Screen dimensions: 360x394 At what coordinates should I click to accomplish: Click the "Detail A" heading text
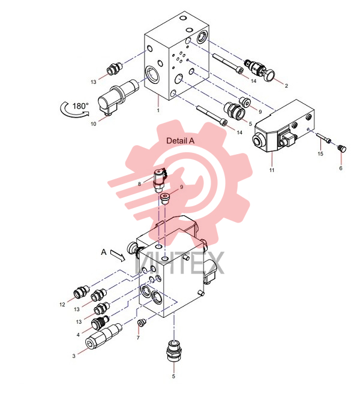pos(180,141)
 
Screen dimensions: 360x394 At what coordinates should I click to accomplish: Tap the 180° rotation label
pos(80,106)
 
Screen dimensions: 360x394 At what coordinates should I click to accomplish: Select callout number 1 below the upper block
pos(158,110)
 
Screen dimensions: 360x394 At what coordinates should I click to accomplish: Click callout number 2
pos(286,86)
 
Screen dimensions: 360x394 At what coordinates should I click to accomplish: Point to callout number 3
pos(74,356)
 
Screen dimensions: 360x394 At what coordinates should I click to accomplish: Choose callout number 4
pos(78,335)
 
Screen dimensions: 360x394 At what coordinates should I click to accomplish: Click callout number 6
pos(341,168)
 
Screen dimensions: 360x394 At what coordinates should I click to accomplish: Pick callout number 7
pos(138,338)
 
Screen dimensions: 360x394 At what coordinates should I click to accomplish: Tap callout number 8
pos(140,184)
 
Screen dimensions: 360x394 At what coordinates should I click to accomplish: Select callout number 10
pos(93,124)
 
